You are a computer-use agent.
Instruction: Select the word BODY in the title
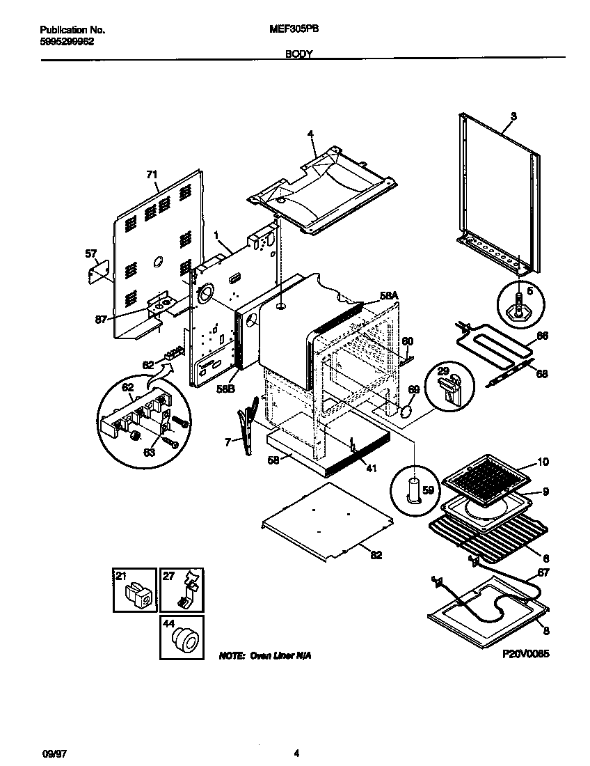[x=299, y=54]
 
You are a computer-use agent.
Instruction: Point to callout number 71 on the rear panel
[x=152, y=175]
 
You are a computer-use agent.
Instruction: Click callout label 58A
[x=389, y=296]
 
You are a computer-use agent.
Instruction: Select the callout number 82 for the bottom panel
[x=376, y=554]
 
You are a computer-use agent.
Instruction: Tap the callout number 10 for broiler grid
[x=543, y=462]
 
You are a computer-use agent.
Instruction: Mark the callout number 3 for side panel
[x=513, y=116]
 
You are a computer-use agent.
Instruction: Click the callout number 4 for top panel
[x=311, y=134]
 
